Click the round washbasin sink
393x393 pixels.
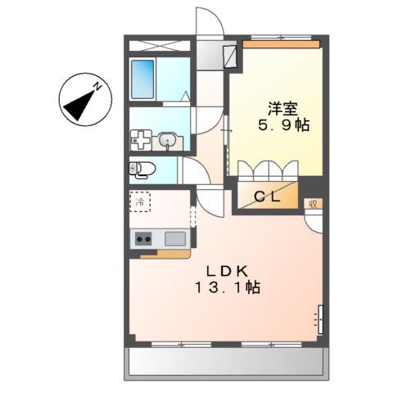coord(169,141)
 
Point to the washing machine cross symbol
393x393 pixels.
coord(140,141)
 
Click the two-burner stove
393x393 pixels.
coord(142,239)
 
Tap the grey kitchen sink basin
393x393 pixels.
coord(175,238)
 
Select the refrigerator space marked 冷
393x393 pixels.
coord(140,201)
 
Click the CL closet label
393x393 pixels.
coord(267,196)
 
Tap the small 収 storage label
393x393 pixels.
coord(312,203)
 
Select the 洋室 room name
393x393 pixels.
coord(279,107)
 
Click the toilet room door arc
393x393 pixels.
coord(194,172)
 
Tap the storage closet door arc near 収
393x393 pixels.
coord(313,219)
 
